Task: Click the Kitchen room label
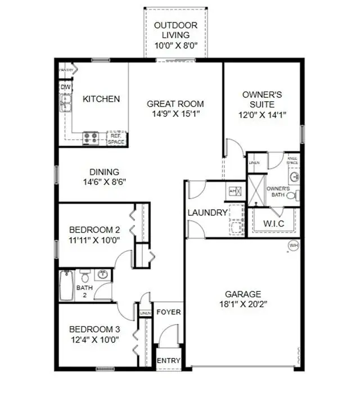[x=101, y=99]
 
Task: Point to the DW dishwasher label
[x=65, y=87]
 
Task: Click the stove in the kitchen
[x=91, y=137]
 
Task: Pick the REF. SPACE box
[x=116, y=138]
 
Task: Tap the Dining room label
[x=104, y=172]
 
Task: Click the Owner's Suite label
[x=258, y=99]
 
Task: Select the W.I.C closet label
[x=274, y=224]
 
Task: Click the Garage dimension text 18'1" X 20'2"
[x=242, y=304]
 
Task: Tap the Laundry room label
[x=207, y=212]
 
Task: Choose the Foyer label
[x=168, y=312]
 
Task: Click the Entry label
[x=168, y=360]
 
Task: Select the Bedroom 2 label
[x=94, y=229]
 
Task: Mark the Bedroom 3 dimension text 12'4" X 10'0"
[x=94, y=340]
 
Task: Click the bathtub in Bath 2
[x=66, y=287]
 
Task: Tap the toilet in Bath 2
[x=85, y=276]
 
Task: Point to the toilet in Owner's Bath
[x=291, y=196]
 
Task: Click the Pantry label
[x=67, y=70]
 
